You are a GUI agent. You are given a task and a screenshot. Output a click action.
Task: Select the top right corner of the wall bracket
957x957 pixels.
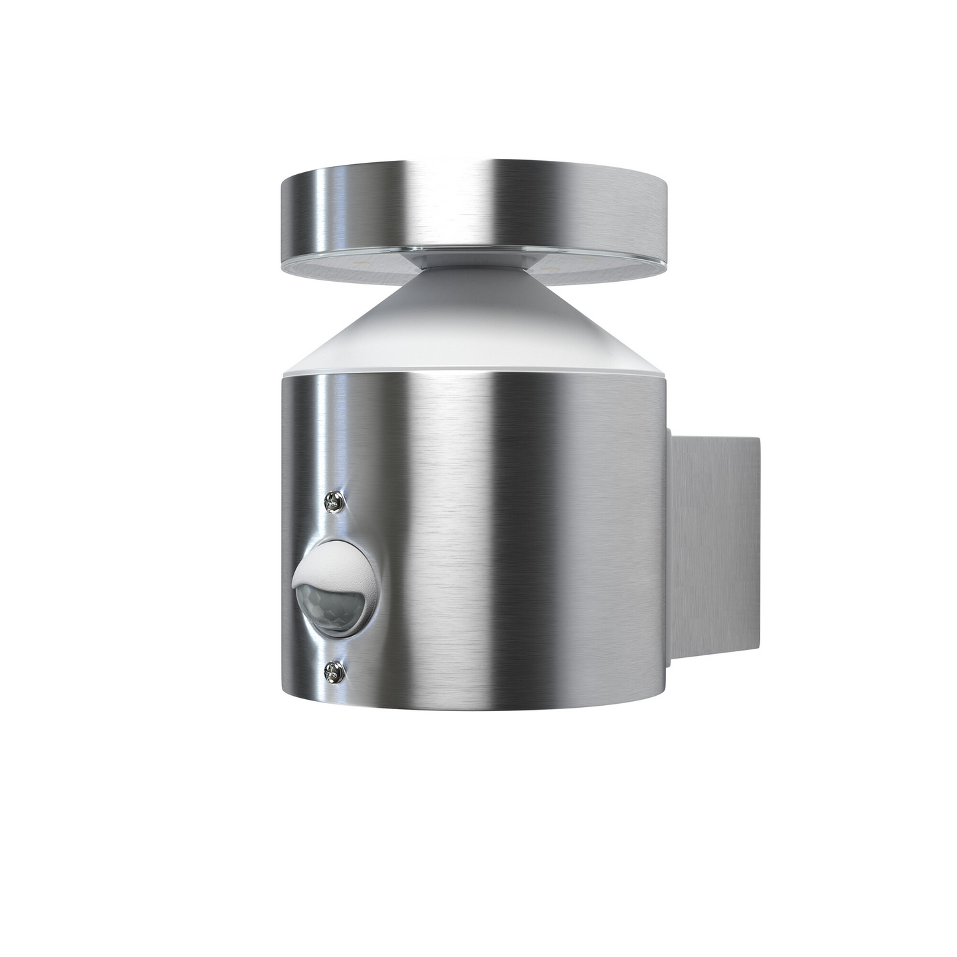[759, 437]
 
